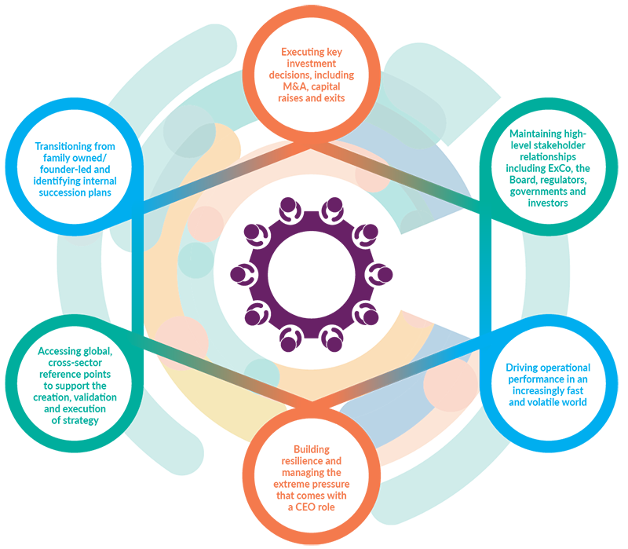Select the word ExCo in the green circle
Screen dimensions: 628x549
coord(560,168)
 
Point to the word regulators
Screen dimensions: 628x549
coord(564,180)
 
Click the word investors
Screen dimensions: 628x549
coord(547,203)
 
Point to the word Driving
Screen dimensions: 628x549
coord(520,368)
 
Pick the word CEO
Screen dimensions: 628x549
coord(305,507)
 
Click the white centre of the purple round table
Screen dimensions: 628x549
coord(311,275)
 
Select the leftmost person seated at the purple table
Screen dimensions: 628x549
coord(241,275)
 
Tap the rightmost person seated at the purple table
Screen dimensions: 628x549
coord(382,275)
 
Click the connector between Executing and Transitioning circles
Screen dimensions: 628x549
coord(227,176)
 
